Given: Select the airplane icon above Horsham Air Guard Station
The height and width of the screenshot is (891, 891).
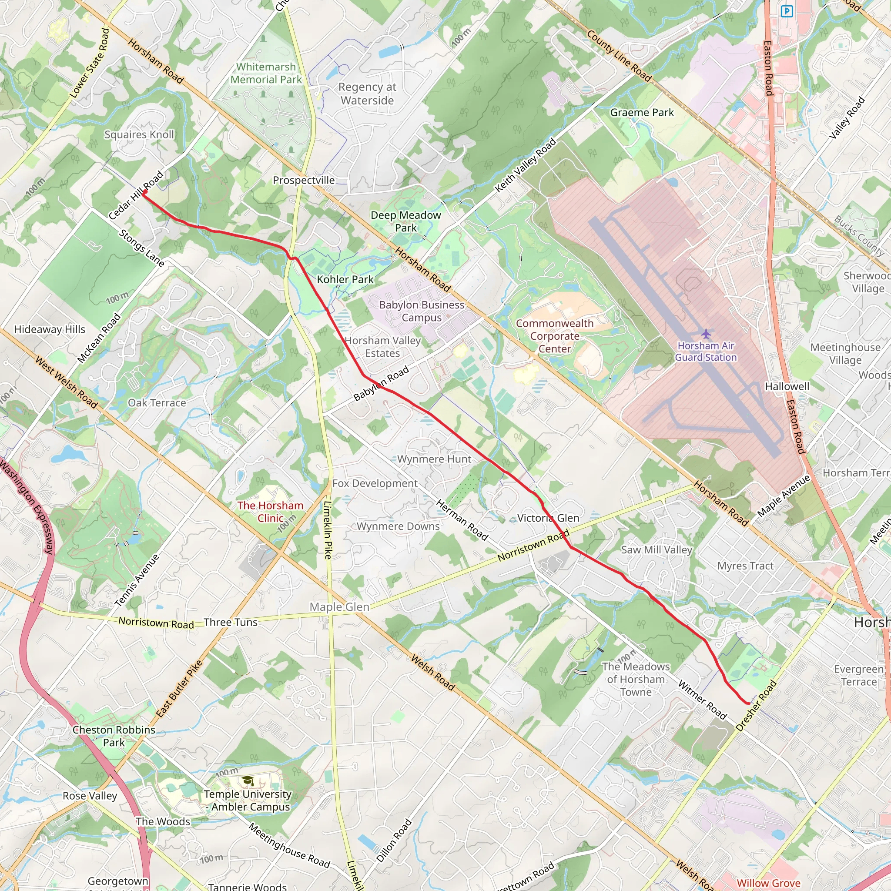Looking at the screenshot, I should pyautogui.click(x=706, y=333).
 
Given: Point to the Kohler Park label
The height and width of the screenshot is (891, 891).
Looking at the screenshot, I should pyautogui.click(x=345, y=279).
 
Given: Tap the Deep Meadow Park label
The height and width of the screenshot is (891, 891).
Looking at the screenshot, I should pyautogui.click(x=406, y=221).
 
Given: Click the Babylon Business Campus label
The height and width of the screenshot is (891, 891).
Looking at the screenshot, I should pyautogui.click(x=422, y=312).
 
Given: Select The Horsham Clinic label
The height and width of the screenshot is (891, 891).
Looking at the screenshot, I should pyautogui.click(x=270, y=512).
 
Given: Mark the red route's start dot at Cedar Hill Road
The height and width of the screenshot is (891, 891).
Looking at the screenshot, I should pyautogui.click(x=145, y=192).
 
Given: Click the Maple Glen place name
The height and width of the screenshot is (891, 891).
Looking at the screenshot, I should pyautogui.click(x=339, y=607).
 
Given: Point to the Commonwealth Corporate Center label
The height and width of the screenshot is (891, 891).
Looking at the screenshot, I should pyautogui.click(x=554, y=336).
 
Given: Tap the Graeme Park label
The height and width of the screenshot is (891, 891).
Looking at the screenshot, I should pyautogui.click(x=642, y=113).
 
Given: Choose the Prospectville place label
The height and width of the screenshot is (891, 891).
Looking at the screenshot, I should pyautogui.click(x=304, y=180).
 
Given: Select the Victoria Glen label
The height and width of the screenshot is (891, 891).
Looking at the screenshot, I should pyautogui.click(x=548, y=518).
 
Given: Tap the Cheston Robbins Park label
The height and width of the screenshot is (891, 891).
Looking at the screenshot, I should pyautogui.click(x=114, y=736).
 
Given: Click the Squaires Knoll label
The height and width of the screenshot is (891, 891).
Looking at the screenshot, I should pyautogui.click(x=139, y=135).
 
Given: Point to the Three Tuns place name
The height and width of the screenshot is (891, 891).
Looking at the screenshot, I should pyautogui.click(x=231, y=622).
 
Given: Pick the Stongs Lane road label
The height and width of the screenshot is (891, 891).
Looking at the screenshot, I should pyautogui.click(x=141, y=248).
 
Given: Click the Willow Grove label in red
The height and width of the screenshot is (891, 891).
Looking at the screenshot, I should pyautogui.click(x=768, y=883).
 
